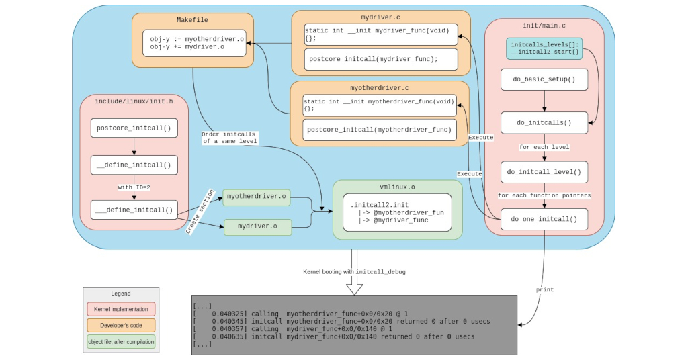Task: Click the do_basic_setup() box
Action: pos(544,79)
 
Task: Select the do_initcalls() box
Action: pos(544,122)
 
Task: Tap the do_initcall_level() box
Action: pos(544,172)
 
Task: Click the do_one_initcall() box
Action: pos(544,219)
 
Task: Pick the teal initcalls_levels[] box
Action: pos(545,48)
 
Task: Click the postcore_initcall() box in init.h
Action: pos(134,128)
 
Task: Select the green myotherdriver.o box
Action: pos(256,197)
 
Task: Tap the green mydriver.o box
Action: pos(257,227)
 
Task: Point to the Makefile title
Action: pos(193,20)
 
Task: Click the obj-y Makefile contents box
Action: pos(193,43)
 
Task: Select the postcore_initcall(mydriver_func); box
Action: pos(380,59)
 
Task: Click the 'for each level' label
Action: pos(544,146)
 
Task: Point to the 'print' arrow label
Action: pos(544,289)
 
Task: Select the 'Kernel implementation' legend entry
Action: pos(121,309)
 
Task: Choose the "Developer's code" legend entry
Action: pos(121,325)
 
